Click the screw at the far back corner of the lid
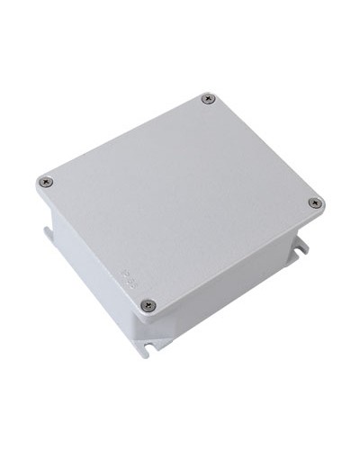click(x=209, y=98)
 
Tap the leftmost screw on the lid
click(x=47, y=182)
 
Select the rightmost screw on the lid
click(x=315, y=203)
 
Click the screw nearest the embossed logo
click(x=149, y=305)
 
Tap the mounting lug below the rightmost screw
click(x=301, y=244)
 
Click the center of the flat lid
click(x=180, y=198)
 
